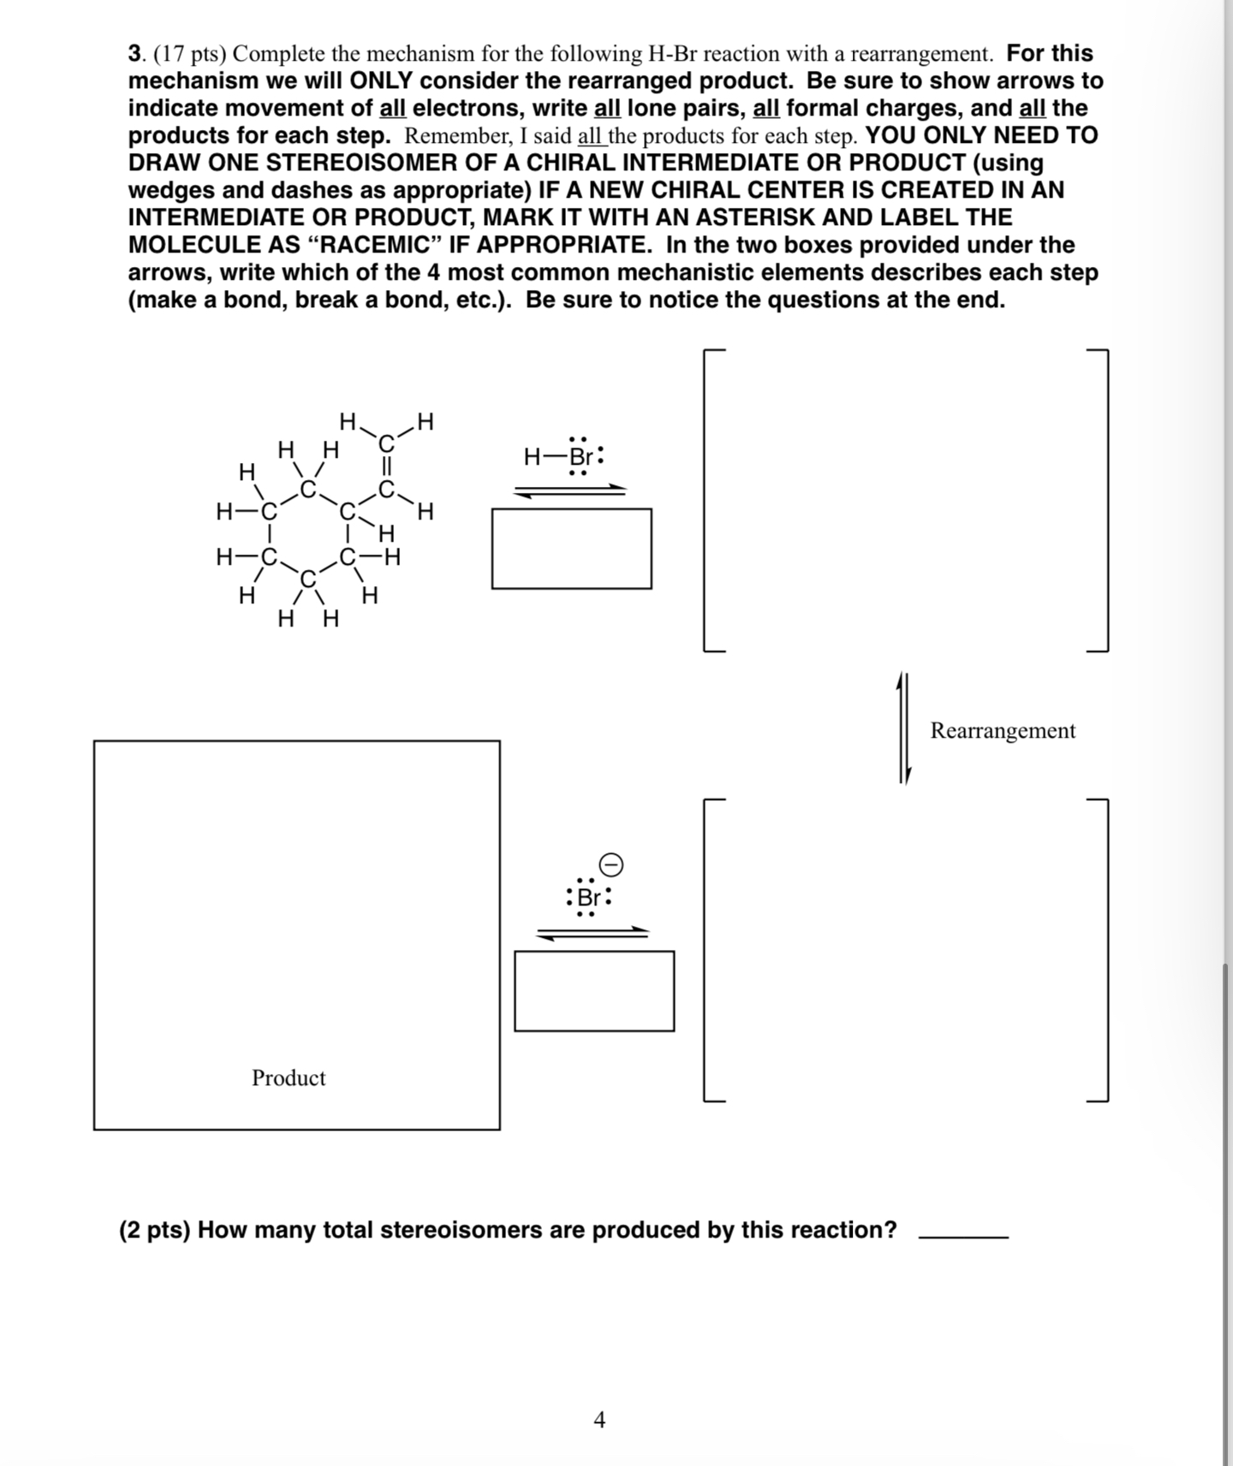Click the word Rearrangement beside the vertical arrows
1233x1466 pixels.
(1002, 730)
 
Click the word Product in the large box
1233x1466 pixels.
(289, 1077)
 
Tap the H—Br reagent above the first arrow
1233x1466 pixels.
(563, 455)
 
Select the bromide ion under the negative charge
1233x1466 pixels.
(589, 898)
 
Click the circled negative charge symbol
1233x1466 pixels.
(611, 865)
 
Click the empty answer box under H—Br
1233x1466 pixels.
(571, 549)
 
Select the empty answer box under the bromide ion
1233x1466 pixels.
(594, 991)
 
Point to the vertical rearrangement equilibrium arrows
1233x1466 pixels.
(902, 728)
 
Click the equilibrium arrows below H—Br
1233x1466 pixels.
(570, 490)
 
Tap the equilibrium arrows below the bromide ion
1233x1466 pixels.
(593, 933)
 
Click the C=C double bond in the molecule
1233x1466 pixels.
(387, 467)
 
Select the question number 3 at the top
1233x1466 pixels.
(134, 54)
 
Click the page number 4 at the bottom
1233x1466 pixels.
(599, 1420)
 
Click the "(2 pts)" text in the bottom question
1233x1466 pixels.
(154, 1230)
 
